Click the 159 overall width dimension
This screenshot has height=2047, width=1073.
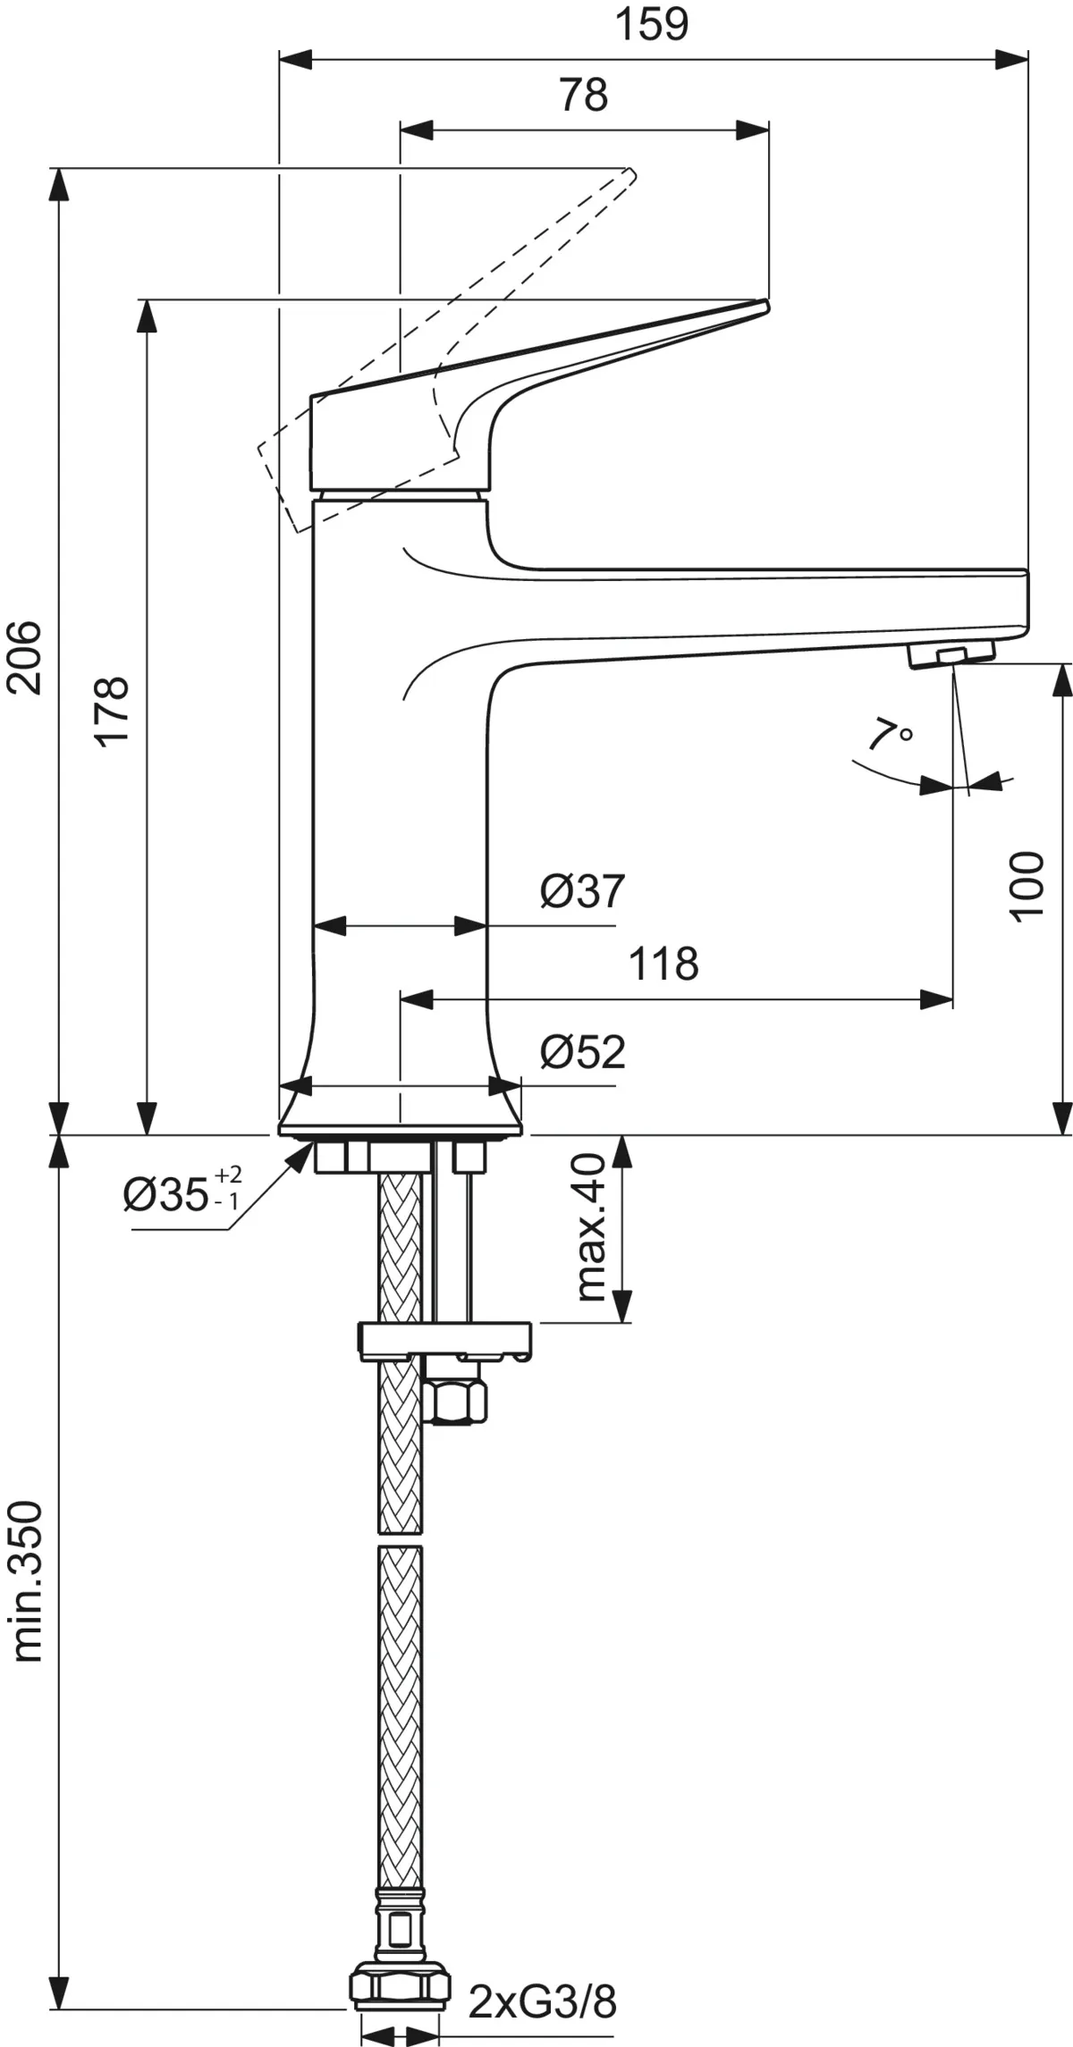coord(653,25)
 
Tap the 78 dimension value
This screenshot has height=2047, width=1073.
coord(584,95)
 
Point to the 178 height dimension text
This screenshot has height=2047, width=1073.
coord(113,711)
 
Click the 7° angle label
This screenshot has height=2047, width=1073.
coord(890,734)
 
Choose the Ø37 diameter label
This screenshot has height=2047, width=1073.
coord(582,890)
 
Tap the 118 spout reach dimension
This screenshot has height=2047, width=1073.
coord(663,964)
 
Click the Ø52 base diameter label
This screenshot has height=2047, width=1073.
coord(582,1052)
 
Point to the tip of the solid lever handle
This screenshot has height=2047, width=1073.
coord(767,307)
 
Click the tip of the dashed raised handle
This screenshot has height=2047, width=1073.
coord(634,173)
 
